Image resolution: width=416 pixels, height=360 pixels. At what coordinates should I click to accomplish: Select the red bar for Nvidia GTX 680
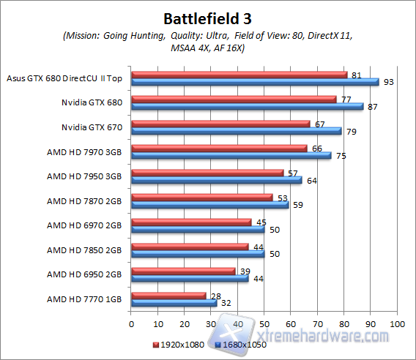[x=233, y=99]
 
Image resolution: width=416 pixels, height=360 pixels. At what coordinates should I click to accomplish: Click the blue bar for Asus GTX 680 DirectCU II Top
[x=254, y=81]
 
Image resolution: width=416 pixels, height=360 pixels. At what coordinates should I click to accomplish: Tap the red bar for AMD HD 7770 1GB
[x=168, y=295]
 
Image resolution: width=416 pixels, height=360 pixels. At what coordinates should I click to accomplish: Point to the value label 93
[x=389, y=82]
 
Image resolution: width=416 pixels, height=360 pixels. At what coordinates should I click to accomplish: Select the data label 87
[x=373, y=107]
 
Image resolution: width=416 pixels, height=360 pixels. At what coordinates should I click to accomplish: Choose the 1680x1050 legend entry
[x=241, y=343]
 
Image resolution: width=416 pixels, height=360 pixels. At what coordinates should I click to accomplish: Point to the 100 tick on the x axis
[x=397, y=323]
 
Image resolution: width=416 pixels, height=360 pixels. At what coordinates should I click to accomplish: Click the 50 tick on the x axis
[x=264, y=323]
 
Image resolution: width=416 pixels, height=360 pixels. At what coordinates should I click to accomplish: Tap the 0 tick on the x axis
[x=131, y=323]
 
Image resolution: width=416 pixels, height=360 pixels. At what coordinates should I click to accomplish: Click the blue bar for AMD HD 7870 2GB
[x=209, y=204]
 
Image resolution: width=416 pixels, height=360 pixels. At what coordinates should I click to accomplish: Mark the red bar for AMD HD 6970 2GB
[x=190, y=222]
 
